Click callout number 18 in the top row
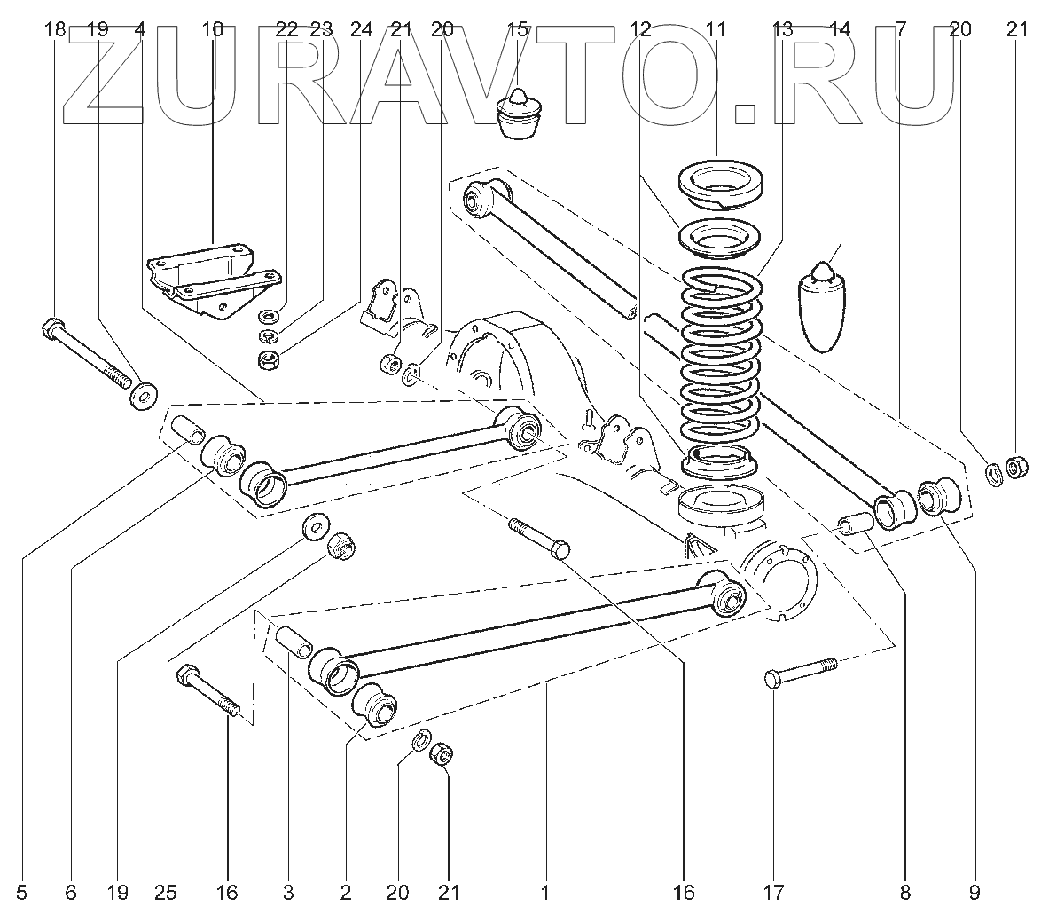[55, 29]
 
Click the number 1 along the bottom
[546, 891]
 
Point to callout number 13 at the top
[781, 29]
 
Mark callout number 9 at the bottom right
[974, 891]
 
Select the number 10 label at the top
[213, 29]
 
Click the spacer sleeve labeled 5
[186, 430]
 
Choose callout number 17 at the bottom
[774, 891]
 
